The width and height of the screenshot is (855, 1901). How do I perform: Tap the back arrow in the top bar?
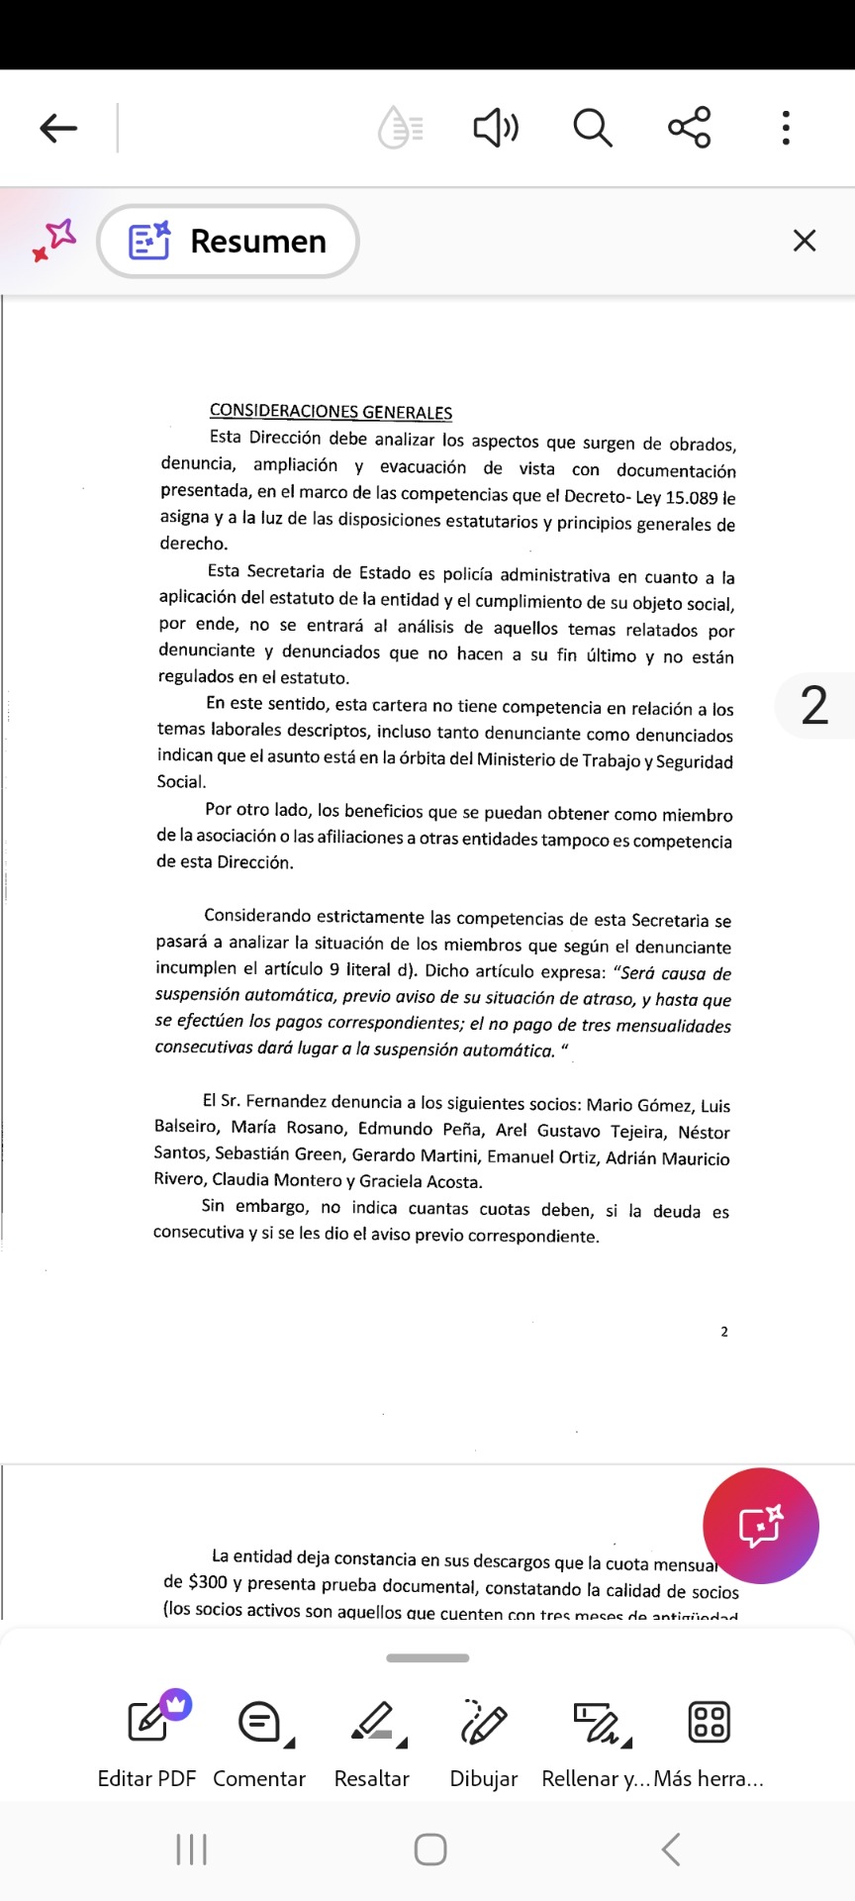59,128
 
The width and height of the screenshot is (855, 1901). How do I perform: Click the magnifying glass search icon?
593,128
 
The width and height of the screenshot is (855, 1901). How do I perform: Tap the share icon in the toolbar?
690,128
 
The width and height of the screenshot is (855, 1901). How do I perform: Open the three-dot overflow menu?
786,128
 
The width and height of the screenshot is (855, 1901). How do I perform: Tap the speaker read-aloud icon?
496,128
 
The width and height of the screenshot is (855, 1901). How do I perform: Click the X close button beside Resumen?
805,241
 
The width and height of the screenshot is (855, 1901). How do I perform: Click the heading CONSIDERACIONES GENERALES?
331,412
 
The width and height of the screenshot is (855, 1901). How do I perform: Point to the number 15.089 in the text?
691,497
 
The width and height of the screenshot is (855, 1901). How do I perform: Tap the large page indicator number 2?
813,706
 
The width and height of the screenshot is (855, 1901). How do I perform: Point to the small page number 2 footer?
724,1332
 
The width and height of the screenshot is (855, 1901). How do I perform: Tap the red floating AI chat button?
760,1526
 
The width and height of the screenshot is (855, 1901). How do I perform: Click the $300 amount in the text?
208,1583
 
